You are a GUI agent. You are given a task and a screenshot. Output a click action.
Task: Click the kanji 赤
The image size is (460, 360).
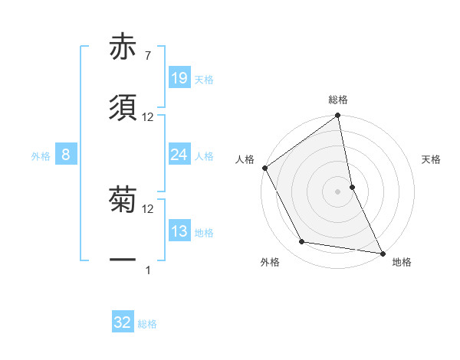tap(123, 47)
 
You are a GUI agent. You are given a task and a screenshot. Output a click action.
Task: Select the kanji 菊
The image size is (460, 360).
tap(123, 201)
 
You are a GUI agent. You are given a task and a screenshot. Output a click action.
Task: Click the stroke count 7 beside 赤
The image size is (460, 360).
tap(147, 56)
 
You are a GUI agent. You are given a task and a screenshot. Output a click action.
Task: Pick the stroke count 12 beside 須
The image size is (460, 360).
tap(148, 117)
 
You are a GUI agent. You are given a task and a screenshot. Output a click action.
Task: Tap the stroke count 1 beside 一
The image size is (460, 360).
tap(148, 270)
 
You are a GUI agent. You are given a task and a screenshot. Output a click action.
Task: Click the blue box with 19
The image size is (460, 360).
tap(179, 77)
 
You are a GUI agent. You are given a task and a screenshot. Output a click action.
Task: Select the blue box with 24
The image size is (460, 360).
tap(179, 155)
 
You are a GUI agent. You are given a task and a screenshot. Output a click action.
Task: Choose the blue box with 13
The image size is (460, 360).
tap(179, 232)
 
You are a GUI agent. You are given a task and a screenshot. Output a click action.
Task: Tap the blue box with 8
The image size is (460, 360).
tap(66, 155)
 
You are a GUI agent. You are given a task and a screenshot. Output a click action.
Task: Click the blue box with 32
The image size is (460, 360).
tap(123, 322)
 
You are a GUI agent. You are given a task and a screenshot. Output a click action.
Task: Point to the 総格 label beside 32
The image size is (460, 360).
tap(147, 324)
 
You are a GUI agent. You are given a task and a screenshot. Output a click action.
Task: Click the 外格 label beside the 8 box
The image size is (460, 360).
tap(41, 156)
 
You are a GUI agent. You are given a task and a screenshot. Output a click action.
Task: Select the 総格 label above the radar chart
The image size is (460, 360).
tap(338, 100)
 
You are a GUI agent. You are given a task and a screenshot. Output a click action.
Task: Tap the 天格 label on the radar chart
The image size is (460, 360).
tap(432, 160)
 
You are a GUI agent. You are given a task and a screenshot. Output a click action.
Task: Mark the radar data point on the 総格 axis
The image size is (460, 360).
tap(338, 116)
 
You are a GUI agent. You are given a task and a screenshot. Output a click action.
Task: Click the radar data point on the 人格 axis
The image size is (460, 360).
tap(265, 168)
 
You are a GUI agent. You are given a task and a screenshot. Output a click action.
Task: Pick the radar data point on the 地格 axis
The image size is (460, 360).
tap(382, 252)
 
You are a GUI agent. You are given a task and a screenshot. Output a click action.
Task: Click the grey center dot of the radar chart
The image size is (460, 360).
tap(338, 191)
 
